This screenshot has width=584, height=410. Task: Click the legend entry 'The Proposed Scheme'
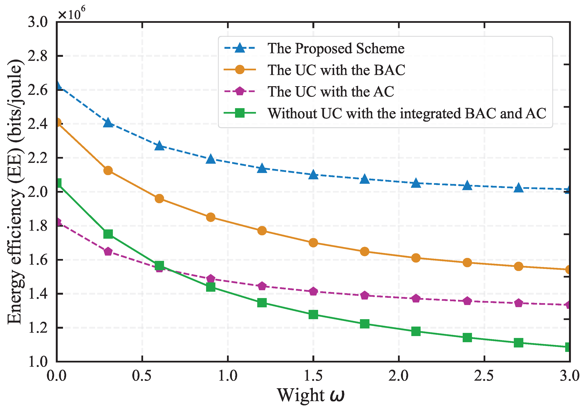pos(336,48)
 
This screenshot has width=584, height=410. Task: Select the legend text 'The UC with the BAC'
pos(336,70)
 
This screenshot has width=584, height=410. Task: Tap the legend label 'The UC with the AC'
pos(331,91)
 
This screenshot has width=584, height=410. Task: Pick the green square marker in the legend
pos(240,113)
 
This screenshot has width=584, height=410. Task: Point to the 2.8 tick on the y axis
pos(38,56)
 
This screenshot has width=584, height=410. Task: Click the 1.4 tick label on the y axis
pos(38,294)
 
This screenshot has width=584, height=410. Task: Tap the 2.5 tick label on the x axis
pos(484,376)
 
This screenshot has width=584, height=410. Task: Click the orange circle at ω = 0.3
pos(108,170)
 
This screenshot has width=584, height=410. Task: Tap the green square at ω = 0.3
pos(108,234)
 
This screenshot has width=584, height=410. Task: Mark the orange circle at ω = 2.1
pos(416,258)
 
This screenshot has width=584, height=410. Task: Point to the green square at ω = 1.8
pos(364,324)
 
